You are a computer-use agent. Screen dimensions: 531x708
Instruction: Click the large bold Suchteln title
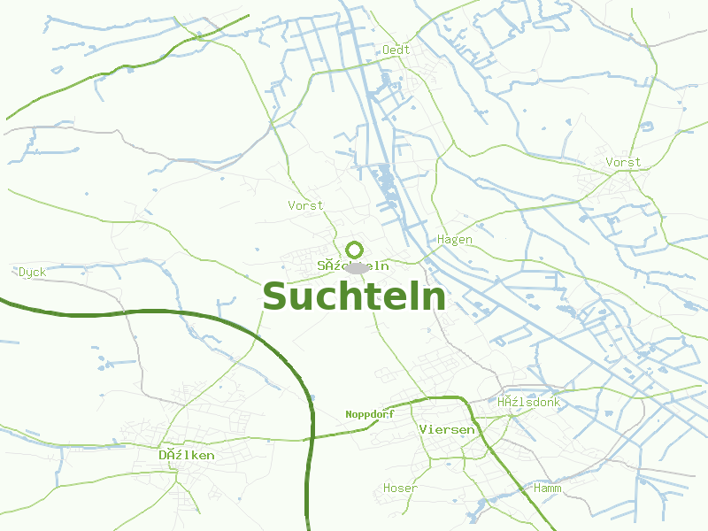354,296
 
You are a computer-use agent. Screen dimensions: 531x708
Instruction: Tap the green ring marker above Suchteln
355,250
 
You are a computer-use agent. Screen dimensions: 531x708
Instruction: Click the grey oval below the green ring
356,267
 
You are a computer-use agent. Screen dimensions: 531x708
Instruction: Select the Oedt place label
396,50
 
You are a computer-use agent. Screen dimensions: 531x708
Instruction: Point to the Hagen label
455,240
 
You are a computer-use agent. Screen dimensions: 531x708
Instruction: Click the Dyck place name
32,273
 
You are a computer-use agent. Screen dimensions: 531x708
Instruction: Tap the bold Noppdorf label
369,414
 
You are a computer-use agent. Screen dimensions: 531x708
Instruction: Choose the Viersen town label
447,430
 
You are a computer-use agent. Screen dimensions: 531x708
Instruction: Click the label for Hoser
400,489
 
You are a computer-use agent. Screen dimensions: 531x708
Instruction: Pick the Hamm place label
548,489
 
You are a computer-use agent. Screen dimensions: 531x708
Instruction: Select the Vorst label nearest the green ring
305,205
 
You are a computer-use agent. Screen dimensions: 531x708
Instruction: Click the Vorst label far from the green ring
623,163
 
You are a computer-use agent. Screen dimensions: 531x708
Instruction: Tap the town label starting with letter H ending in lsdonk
528,403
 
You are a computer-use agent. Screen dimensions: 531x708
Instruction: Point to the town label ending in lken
186,456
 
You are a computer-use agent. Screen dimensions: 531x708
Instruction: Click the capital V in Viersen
423,430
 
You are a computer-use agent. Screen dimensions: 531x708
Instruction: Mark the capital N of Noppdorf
349,414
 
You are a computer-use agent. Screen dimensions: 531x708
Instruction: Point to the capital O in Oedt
386,50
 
